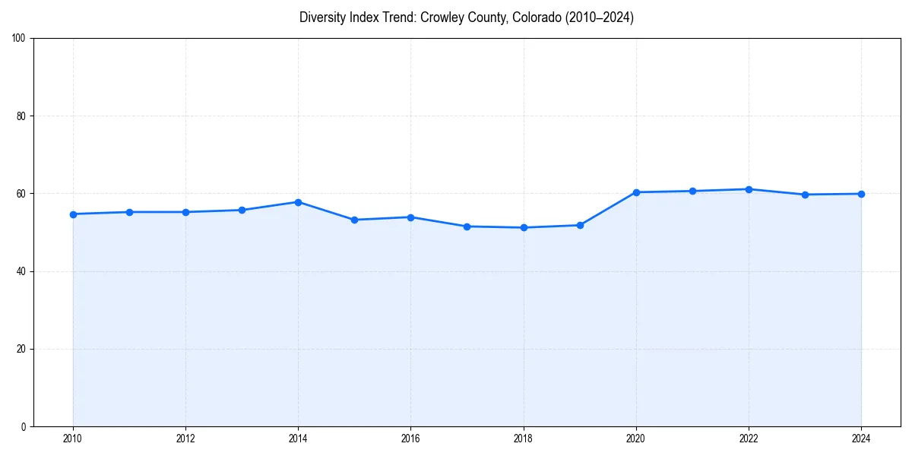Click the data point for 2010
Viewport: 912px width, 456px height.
tap(73, 214)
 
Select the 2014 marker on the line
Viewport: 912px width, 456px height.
tap(298, 202)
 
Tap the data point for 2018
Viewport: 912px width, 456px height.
tap(524, 227)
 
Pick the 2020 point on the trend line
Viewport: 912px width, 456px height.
tap(636, 192)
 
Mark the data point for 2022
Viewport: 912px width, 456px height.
tap(749, 189)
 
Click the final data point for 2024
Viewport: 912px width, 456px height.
tap(861, 194)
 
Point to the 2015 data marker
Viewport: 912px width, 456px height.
tap(354, 220)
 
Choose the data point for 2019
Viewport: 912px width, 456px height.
tap(580, 225)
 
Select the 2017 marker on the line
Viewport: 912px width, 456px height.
tap(467, 226)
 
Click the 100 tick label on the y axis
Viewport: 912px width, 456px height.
tap(19, 39)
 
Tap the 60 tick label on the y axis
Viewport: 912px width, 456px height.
tap(21, 194)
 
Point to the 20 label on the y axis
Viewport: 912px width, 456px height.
tap(21, 349)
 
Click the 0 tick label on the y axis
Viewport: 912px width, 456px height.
tap(24, 426)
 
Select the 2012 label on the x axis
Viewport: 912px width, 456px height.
tap(185, 439)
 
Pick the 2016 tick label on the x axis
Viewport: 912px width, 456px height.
tap(410, 439)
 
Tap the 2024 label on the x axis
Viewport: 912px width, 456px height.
tap(861, 439)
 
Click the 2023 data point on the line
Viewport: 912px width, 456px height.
tap(805, 195)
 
